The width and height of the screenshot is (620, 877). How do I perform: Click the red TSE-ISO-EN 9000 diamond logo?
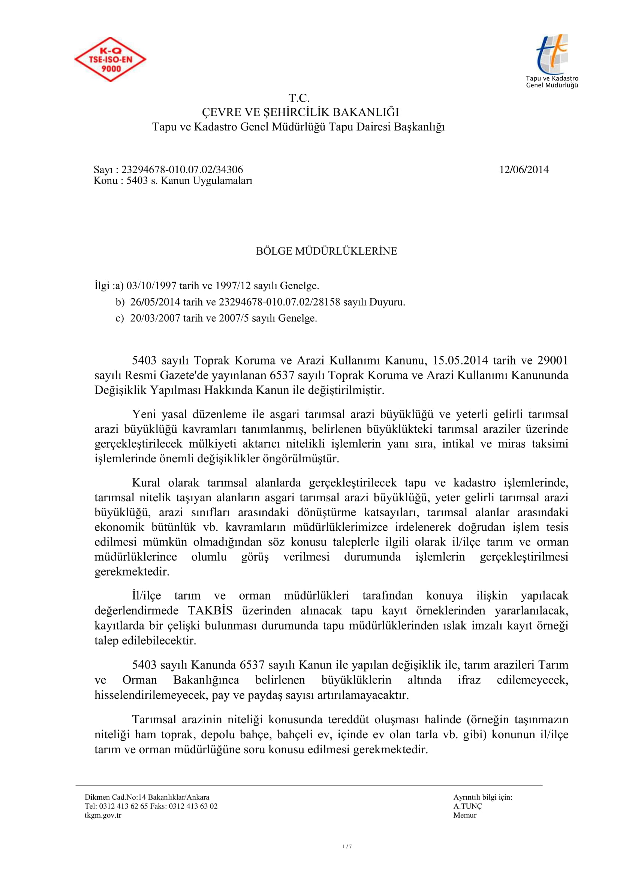[x=110, y=59]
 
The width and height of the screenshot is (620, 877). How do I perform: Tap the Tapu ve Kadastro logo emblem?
[x=553, y=54]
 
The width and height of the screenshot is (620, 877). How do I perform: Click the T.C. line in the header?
[x=299, y=98]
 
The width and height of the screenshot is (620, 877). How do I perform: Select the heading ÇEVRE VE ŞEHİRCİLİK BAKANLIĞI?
[x=300, y=112]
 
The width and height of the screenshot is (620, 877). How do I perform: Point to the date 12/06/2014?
[x=524, y=169]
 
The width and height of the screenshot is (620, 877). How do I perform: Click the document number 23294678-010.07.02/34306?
[x=182, y=169]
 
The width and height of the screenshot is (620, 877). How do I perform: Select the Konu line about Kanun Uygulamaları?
[x=173, y=181]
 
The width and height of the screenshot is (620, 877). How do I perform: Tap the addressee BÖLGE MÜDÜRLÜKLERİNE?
[x=326, y=251]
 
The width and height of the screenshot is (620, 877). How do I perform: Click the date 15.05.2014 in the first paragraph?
[x=460, y=360]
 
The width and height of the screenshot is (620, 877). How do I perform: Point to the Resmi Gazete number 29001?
[x=553, y=360]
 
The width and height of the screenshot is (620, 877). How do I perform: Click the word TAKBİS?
[x=210, y=610]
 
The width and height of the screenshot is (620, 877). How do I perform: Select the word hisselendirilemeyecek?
[x=151, y=695]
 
